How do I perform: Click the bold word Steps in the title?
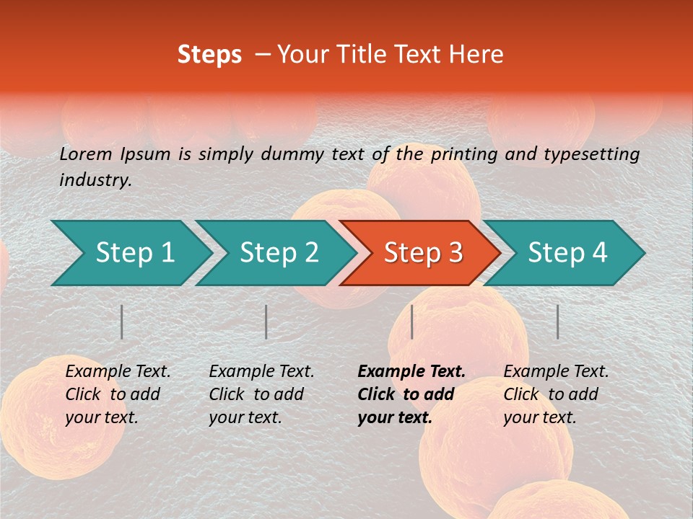[x=209, y=55]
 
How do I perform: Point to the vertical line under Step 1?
[x=122, y=321]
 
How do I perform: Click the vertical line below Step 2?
[x=266, y=321]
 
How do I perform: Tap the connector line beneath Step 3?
[x=411, y=321]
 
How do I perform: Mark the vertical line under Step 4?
[x=557, y=321]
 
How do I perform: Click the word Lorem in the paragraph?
[x=86, y=154]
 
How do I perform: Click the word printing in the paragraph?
[x=464, y=154]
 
